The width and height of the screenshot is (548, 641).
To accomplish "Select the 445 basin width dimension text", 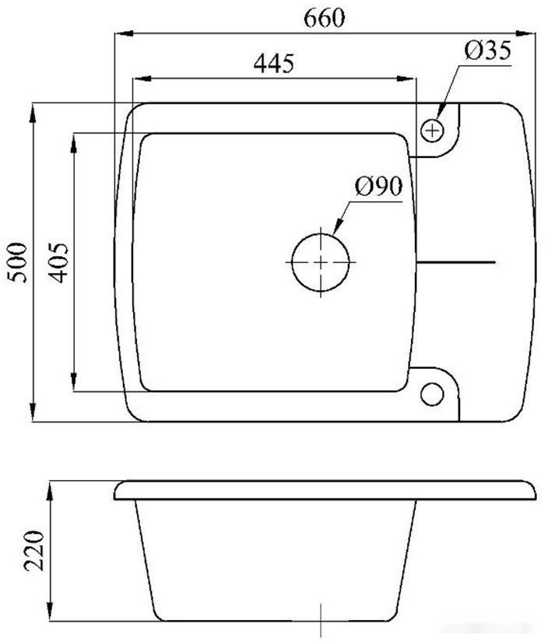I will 273,63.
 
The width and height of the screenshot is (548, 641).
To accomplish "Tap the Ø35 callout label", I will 487,51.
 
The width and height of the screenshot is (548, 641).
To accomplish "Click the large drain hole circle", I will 321,262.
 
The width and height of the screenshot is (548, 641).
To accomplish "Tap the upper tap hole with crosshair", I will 432,130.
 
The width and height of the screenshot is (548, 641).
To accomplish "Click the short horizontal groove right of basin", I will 456,262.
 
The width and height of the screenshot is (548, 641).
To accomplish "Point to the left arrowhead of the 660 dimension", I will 120,33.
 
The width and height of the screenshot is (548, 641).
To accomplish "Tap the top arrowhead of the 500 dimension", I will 33,109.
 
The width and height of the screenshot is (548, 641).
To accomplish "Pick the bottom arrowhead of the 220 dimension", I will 51,615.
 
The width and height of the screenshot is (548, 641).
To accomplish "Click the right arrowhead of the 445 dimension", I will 413,78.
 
